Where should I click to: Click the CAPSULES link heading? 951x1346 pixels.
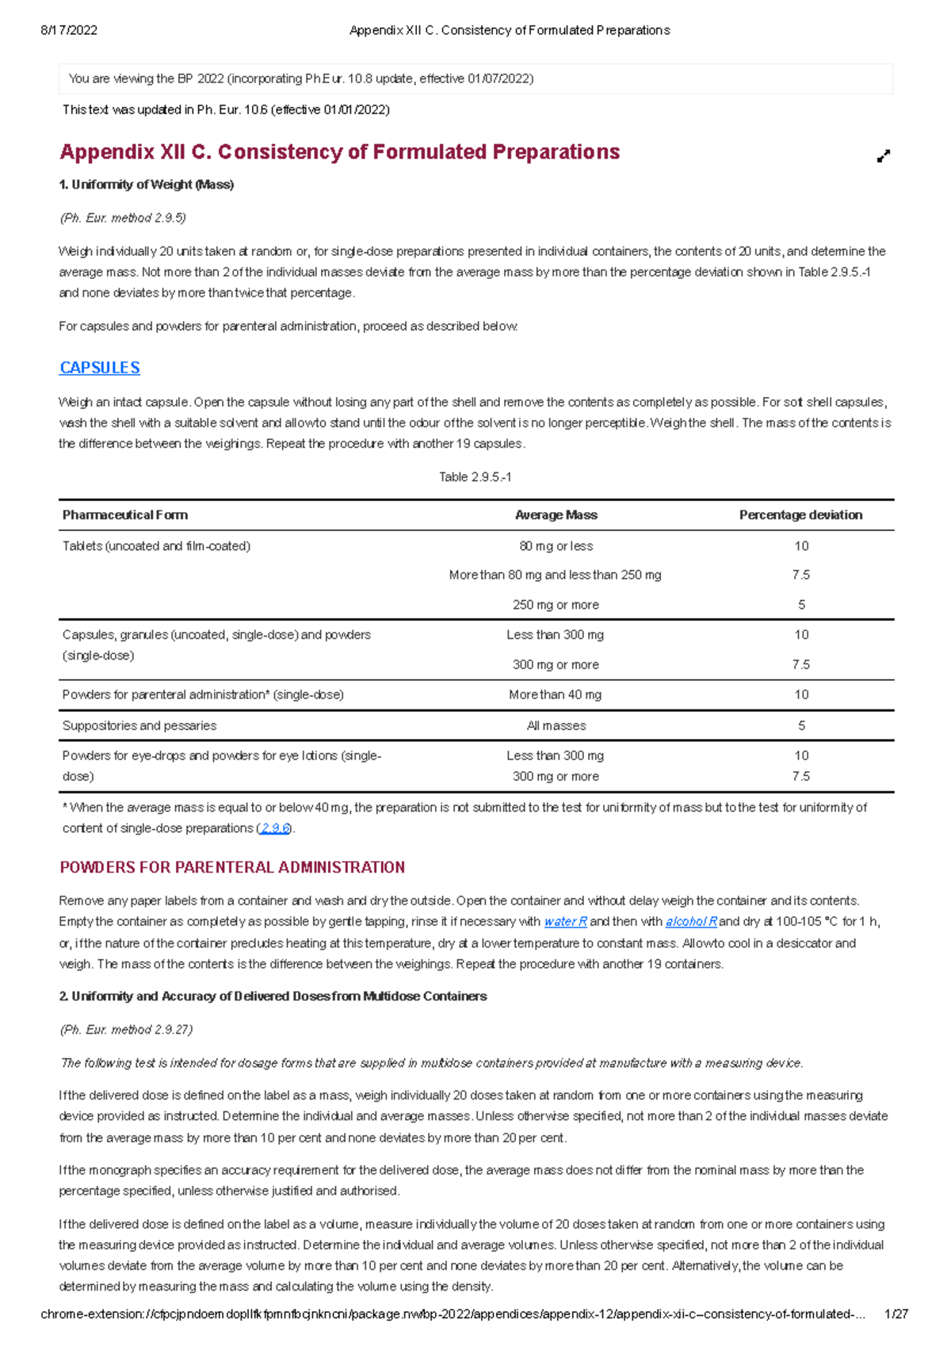(x=100, y=368)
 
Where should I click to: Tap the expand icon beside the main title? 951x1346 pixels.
(x=884, y=156)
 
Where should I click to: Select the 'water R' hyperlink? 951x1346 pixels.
(x=565, y=922)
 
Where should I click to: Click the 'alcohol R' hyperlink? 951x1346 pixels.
(x=691, y=922)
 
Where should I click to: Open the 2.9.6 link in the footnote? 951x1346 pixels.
(x=275, y=828)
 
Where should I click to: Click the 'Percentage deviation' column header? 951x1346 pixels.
(x=800, y=515)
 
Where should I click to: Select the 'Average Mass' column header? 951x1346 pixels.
(x=556, y=515)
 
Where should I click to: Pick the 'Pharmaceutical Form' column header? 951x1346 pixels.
(x=125, y=515)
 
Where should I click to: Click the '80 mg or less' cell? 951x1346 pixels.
(x=556, y=546)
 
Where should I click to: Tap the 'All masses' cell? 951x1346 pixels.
(x=556, y=726)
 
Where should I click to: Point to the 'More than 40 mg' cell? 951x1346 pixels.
(x=555, y=695)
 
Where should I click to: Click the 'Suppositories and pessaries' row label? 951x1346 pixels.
(x=139, y=726)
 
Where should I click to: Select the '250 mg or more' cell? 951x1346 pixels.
(x=556, y=605)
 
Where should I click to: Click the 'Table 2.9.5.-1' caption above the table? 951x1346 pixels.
(x=475, y=477)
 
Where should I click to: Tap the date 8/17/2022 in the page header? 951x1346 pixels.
(x=69, y=30)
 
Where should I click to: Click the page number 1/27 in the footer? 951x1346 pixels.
(x=896, y=1314)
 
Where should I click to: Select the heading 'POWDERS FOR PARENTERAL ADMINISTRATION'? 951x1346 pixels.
(x=232, y=867)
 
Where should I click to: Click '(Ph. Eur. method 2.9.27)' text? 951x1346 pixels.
(x=126, y=1030)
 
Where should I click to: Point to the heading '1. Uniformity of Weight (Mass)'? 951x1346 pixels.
(x=147, y=185)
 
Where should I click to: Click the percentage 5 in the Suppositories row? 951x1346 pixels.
(x=801, y=726)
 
